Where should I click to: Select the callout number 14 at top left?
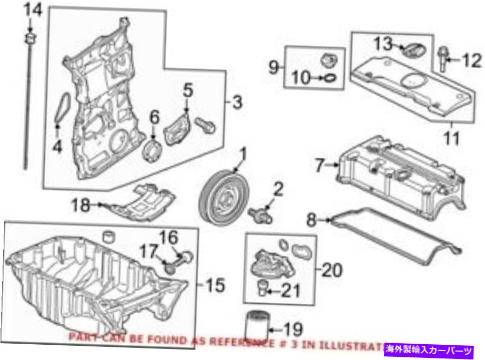[32, 9]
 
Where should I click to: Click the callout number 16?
[169, 238]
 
